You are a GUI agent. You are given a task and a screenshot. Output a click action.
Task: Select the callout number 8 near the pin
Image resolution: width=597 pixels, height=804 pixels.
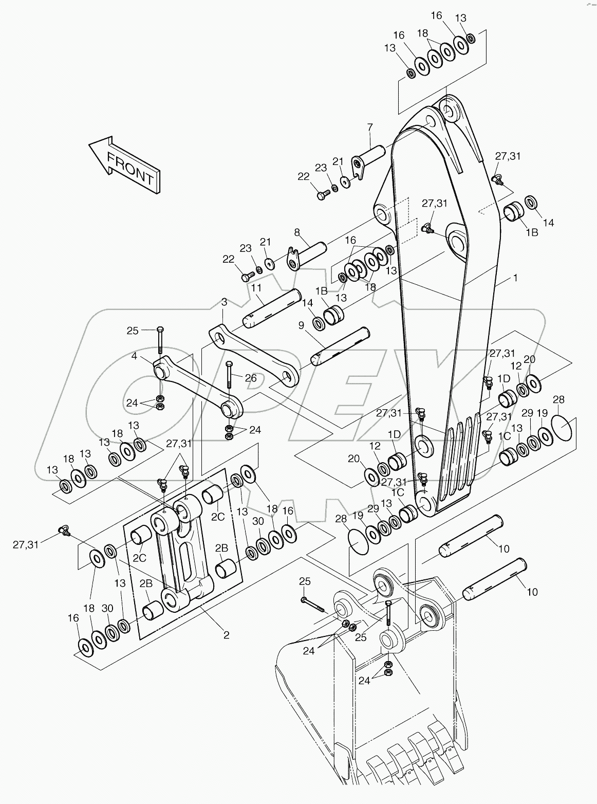tap(297, 232)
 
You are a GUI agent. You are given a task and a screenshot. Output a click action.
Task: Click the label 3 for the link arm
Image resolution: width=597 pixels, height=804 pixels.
tap(223, 302)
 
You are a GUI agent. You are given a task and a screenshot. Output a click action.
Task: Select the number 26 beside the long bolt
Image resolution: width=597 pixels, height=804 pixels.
tap(250, 378)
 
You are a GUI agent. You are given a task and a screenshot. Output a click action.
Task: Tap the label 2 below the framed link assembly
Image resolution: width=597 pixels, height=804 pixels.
tap(226, 635)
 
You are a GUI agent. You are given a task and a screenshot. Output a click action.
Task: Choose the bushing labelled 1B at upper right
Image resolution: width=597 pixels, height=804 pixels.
tap(514, 212)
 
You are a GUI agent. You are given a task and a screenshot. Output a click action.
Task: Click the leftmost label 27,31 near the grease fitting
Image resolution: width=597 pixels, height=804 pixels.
tap(26, 544)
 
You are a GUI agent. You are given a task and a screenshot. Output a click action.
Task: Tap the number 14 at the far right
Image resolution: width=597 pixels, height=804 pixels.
tap(549, 223)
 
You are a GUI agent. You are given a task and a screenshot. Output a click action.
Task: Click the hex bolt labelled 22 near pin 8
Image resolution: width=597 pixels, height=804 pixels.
tap(246, 277)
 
